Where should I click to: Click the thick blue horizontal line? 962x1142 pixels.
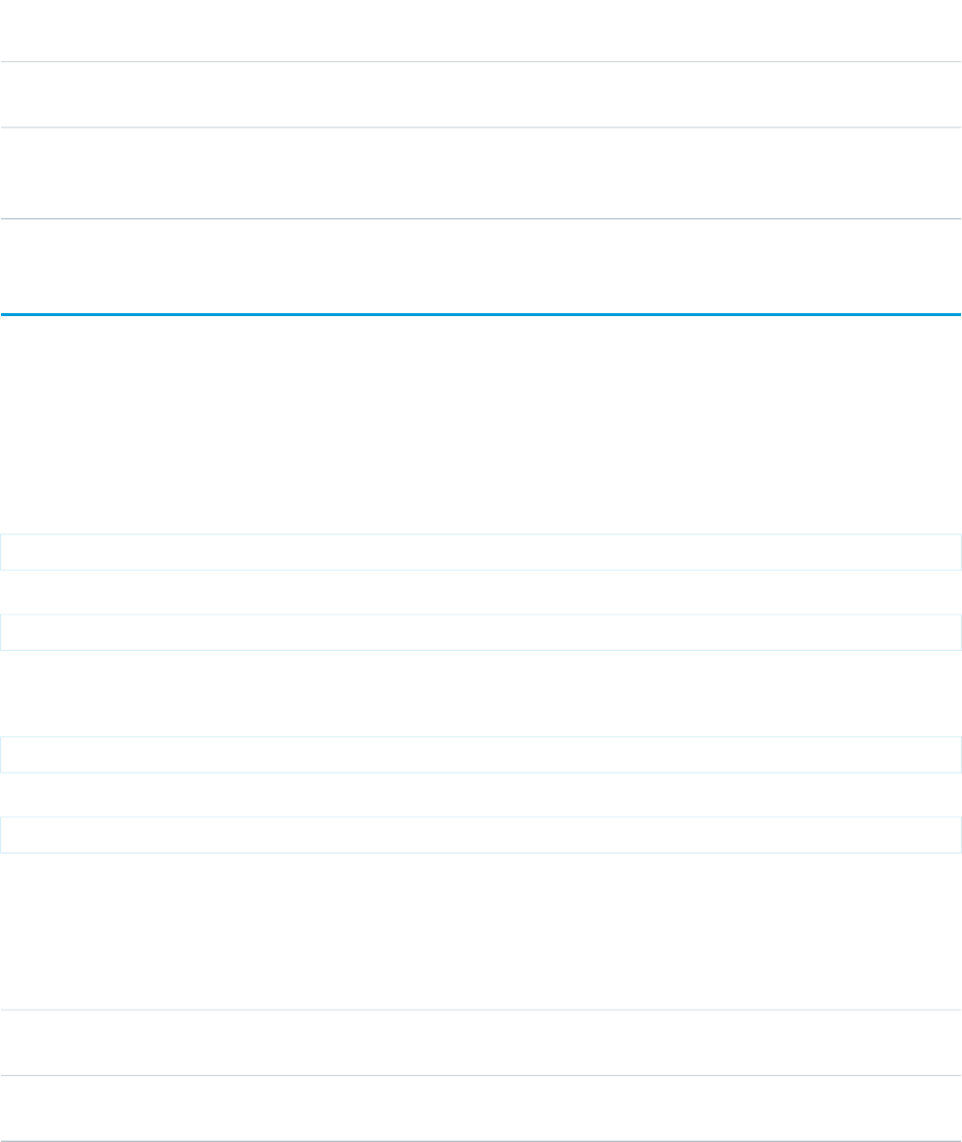(481, 315)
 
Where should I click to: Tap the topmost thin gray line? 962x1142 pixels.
(481, 62)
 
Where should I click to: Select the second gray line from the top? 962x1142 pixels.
(481, 127)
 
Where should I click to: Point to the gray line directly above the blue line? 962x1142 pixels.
(481, 218)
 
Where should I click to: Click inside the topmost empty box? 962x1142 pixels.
(481, 552)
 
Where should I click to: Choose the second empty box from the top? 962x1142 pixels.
(481, 632)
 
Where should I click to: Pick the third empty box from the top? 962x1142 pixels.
(481, 755)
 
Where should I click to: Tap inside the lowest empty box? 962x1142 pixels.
(481, 835)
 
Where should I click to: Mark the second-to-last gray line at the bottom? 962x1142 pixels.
(481, 1076)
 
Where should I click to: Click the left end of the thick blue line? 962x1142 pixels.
(3, 315)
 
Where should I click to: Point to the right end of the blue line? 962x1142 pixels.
(958, 315)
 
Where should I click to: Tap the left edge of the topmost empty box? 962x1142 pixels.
(1, 552)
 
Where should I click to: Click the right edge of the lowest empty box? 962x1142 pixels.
(960, 835)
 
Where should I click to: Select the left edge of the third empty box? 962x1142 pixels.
(1, 755)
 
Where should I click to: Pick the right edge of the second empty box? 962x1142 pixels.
(960, 632)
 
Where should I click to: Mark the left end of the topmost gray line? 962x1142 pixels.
(3, 62)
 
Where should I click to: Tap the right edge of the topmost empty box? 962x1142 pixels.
(960, 552)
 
